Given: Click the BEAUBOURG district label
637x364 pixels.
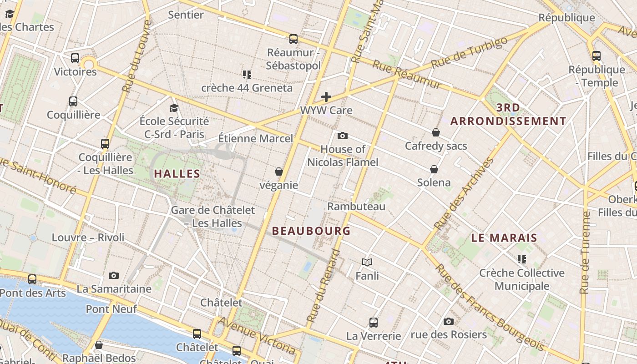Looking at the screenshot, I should coord(311,231).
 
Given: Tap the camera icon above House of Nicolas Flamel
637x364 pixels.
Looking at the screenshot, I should coord(343,136).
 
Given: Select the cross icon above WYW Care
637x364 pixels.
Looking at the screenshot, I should coord(326,96).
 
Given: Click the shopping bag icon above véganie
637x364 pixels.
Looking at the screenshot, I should coord(279,172).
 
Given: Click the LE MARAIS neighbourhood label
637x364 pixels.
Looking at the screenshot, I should coord(504,238).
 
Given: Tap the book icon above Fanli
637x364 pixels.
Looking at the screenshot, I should coord(367,262).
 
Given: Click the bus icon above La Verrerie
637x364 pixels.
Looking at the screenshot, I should coord(374,322).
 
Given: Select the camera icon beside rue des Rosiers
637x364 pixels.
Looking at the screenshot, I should coord(448,321).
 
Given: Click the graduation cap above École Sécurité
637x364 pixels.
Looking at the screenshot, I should coord(174,108).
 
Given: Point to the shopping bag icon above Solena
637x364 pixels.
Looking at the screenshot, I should coord(434,169).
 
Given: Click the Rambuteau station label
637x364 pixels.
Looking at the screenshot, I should coord(356,206).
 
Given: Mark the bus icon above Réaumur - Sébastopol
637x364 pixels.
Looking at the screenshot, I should coord(293,39).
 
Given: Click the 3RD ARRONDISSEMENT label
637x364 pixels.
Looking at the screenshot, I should coord(508,114).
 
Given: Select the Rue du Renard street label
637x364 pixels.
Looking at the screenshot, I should coord(323,287).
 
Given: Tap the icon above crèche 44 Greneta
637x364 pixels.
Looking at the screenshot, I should coord(247,74).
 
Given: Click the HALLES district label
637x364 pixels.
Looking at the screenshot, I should coord(177,173).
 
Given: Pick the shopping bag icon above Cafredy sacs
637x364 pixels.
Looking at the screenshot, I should coord(436,132).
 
